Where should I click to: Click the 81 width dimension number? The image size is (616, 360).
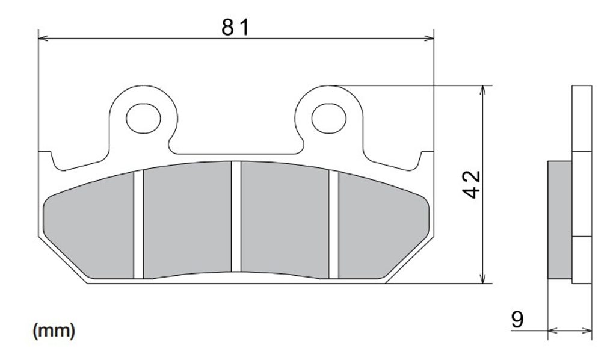[x=235, y=28]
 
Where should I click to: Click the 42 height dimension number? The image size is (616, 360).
[x=471, y=184]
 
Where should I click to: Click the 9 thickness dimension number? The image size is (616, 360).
[x=517, y=320]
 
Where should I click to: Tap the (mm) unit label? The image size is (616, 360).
[x=54, y=331]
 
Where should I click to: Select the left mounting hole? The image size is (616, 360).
[x=143, y=119]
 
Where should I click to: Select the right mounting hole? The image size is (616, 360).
[x=329, y=119]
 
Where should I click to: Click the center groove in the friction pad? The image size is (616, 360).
[x=236, y=216]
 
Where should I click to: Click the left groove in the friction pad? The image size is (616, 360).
[x=138, y=225]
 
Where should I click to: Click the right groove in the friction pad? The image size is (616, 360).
[x=333, y=225]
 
